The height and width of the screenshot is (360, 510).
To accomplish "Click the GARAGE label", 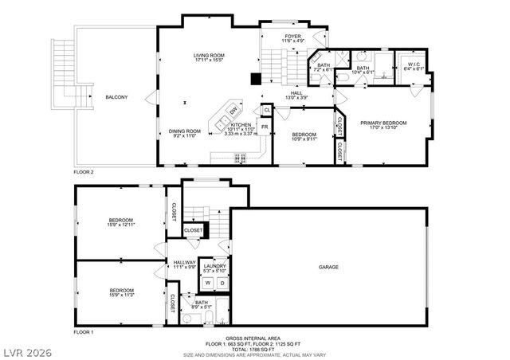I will (328, 267).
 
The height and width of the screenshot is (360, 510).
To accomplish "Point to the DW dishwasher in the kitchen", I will (233, 111).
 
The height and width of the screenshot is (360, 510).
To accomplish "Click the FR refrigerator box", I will (264, 127).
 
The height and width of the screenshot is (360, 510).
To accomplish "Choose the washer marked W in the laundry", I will (207, 283).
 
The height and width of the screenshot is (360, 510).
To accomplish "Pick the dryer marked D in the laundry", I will (222, 283).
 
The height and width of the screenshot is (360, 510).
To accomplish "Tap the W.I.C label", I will (413, 64).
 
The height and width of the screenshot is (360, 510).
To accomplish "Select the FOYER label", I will (293, 37).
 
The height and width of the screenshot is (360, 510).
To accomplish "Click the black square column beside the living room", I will (255, 79).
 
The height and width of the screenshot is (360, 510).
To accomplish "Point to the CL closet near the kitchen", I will (267, 110).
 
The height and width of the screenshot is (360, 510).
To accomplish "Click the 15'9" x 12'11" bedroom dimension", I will (121, 225).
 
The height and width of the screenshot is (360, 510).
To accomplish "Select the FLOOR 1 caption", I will (84, 331).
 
